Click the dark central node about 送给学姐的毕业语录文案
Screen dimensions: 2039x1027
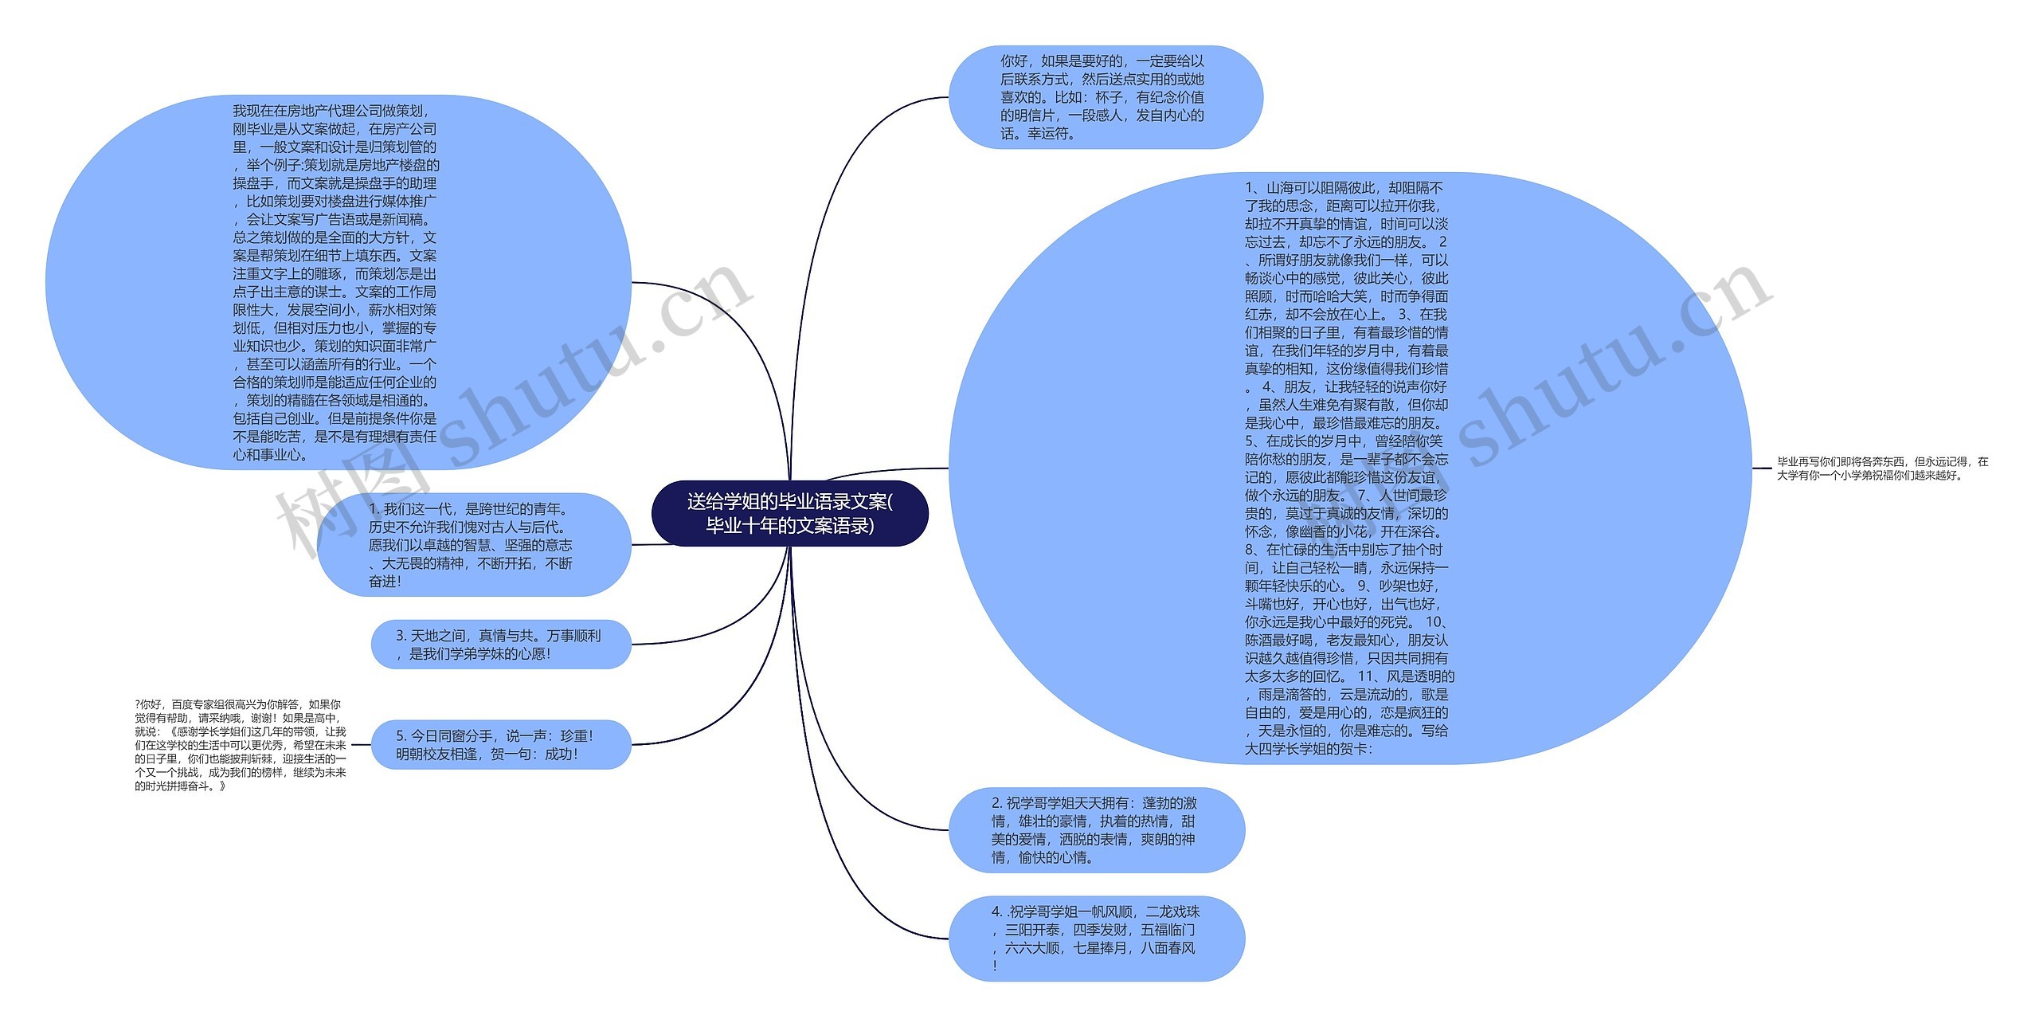(x=789, y=513)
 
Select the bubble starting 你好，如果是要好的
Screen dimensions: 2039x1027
(x=1105, y=97)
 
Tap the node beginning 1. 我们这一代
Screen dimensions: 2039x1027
(x=474, y=545)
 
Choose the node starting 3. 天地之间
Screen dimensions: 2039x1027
(x=500, y=645)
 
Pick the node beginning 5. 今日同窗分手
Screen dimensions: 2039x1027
(x=500, y=745)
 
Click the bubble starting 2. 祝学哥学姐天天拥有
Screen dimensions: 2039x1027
(x=1096, y=830)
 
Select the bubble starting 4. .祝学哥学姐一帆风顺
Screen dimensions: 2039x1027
(x=1096, y=939)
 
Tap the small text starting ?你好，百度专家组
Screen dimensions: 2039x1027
(x=241, y=745)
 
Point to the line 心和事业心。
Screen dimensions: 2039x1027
(x=271, y=455)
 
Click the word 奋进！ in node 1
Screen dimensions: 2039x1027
(x=385, y=582)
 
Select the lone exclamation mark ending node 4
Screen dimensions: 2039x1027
(x=995, y=966)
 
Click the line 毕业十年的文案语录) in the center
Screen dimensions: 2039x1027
(x=789, y=526)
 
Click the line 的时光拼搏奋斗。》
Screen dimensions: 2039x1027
(x=181, y=786)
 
